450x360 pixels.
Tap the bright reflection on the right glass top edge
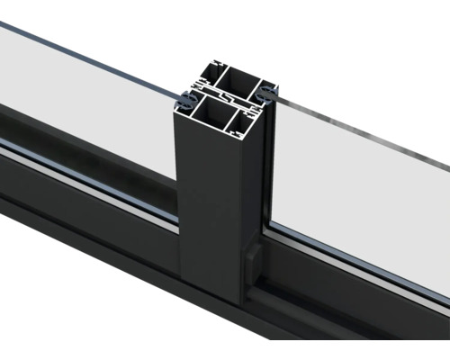pyautogui.click(x=360, y=126)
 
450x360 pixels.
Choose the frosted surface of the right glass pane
pyautogui.click(x=360, y=189)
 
